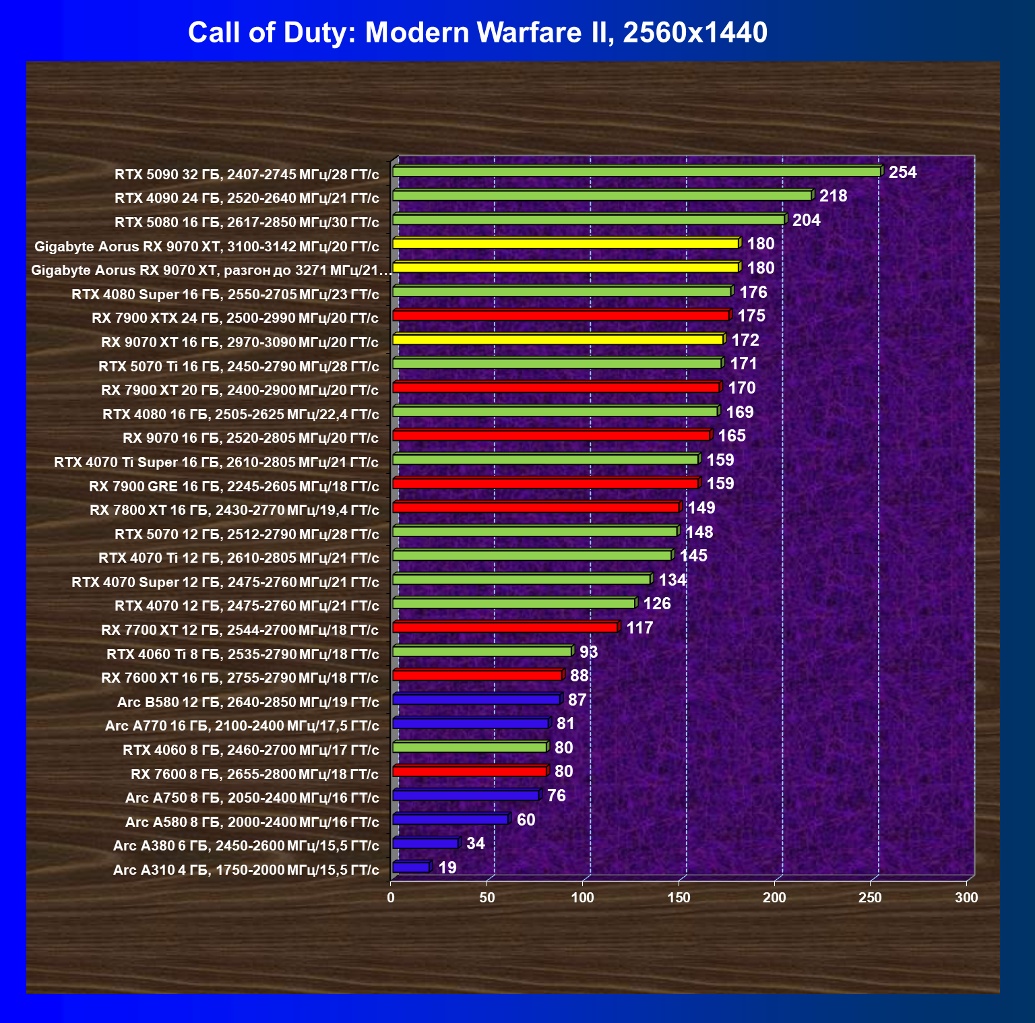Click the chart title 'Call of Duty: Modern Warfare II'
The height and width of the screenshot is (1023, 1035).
[x=477, y=32]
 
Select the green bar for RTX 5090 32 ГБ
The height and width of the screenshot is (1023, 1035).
[x=636, y=172]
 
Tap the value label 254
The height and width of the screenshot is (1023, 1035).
[x=902, y=173]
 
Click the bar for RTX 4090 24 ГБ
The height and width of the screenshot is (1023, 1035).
[x=602, y=196]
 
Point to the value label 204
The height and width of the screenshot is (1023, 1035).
[x=806, y=220]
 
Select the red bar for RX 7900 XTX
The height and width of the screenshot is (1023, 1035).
[x=561, y=315]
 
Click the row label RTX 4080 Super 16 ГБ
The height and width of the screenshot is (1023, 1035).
[x=225, y=294]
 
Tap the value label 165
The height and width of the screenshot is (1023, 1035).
[x=731, y=436]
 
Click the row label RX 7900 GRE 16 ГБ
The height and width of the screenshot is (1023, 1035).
[x=233, y=487]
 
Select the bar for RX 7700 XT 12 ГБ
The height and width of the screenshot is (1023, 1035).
[x=505, y=627]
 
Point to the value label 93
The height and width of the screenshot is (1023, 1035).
[x=588, y=652]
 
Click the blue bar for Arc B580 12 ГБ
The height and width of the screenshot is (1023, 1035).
[x=476, y=700]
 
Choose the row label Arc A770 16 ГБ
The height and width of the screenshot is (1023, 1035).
[x=242, y=726]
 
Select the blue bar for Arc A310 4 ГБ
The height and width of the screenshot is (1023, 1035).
[x=410, y=867]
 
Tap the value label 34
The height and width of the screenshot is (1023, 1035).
[x=475, y=844]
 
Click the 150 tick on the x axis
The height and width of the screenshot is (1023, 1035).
[x=679, y=898]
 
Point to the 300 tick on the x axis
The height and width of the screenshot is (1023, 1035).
[x=966, y=898]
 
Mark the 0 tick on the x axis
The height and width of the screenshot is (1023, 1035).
[x=391, y=898]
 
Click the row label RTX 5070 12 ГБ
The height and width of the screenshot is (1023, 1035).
[x=247, y=534]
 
